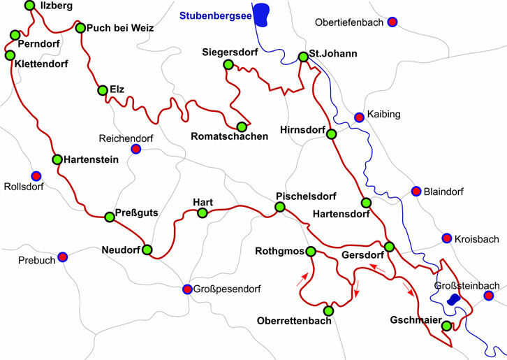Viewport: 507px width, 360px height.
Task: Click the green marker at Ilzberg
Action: click(x=29, y=6)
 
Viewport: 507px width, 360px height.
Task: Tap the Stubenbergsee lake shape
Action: click(x=261, y=13)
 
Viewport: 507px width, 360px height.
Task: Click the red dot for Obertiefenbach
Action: click(x=392, y=22)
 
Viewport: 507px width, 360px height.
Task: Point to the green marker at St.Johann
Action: click(x=303, y=57)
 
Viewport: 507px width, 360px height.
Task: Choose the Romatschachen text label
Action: click(x=229, y=137)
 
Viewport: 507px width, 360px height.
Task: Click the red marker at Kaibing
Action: click(x=359, y=117)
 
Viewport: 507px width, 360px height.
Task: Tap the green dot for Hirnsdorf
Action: click(x=332, y=134)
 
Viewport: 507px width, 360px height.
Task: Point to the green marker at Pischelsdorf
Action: click(x=280, y=208)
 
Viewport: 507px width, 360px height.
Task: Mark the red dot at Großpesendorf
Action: click(x=187, y=289)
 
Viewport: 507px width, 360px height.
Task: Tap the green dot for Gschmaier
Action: click(x=446, y=326)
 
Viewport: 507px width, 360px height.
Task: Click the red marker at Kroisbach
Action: click(x=446, y=239)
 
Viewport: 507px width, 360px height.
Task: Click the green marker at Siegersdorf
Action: click(x=227, y=65)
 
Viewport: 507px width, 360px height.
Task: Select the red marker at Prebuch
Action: click(x=62, y=257)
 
